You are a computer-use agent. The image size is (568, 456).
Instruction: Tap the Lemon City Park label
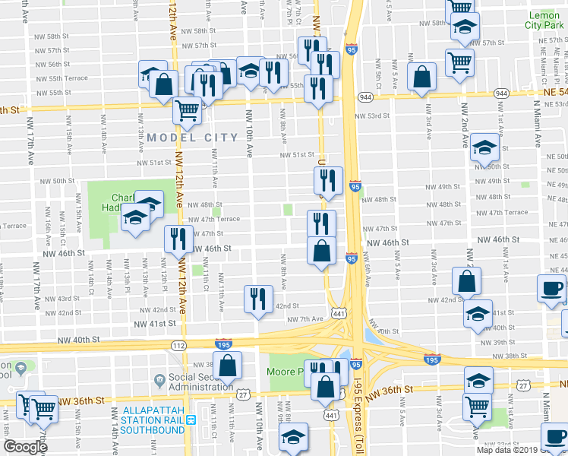tap(543, 21)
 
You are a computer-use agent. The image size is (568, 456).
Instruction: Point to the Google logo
tap(25, 447)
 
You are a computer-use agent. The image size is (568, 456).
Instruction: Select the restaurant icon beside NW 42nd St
tap(258, 298)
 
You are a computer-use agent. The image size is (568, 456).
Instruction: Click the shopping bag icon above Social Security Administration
tap(228, 365)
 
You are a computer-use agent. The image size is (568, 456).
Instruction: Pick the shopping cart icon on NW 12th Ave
tap(187, 109)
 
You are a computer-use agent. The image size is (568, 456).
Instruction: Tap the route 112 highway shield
tap(178, 346)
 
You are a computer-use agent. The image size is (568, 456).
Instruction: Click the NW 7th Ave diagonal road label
tap(305, 318)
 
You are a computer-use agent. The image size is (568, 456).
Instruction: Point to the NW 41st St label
tap(156, 323)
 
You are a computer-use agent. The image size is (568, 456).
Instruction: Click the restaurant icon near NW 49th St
tap(328, 180)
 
